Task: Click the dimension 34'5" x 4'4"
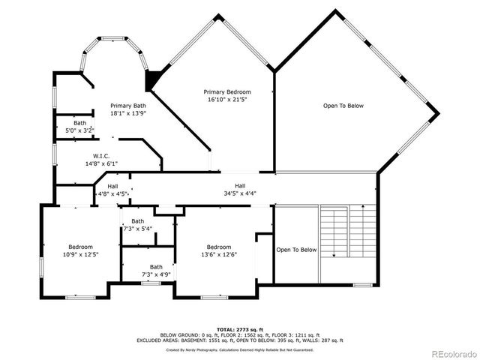[x=240, y=193]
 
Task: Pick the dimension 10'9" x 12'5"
[x=80, y=254]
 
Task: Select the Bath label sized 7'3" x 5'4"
[x=137, y=220]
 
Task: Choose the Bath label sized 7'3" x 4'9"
[x=155, y=266]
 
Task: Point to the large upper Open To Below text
[x=343, y=106]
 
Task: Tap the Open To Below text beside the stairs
[x=296, y=250]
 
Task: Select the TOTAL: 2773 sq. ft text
[x=240, y=329]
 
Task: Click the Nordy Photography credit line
[x=240, y=349]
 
